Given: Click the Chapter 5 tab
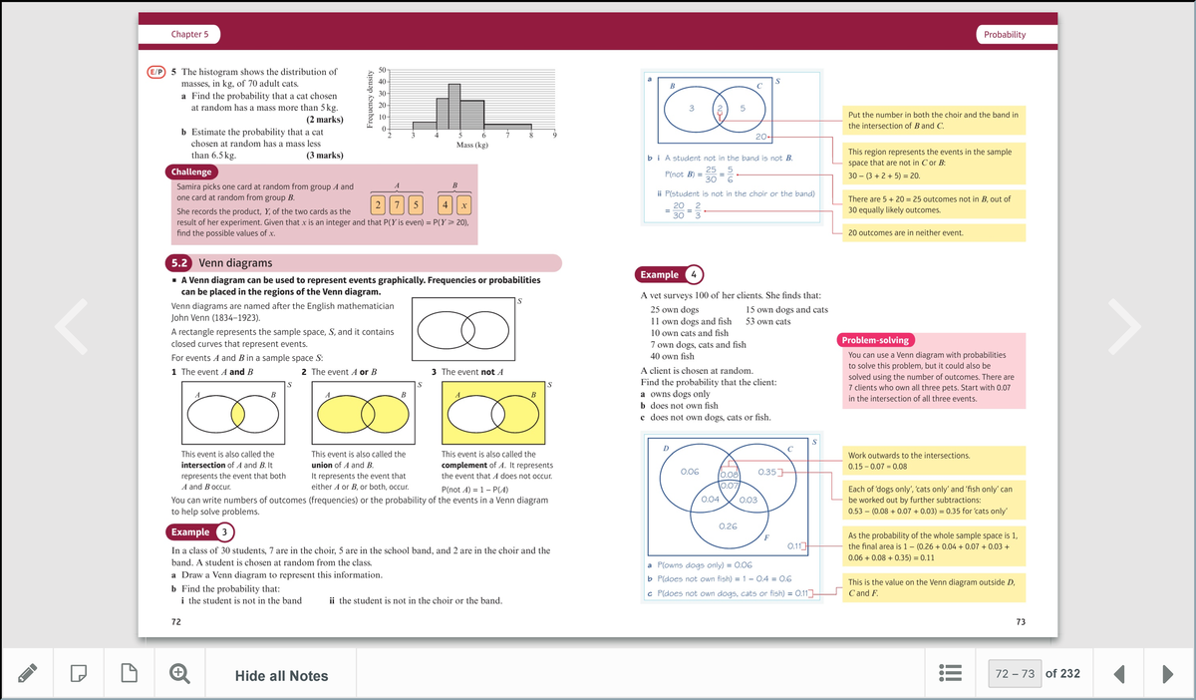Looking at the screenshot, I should tap(189, 34).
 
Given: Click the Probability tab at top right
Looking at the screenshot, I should tap(1004, 34).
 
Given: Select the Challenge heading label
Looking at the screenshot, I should tap(189, 172).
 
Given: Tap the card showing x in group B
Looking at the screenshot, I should tap(464, 206).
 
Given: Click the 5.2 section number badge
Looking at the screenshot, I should tap(179, 263).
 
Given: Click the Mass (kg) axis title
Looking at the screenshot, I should tap(471, 146).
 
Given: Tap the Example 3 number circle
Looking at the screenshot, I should tap(226, 532).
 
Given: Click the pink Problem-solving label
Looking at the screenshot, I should tap(874, 339).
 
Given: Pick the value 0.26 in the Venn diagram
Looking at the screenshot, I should tap(728, 525).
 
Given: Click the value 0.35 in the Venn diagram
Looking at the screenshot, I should tap(768, 471).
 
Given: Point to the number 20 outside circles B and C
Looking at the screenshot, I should tap(761, 136).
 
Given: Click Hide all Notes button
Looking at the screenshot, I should tap(281, 676).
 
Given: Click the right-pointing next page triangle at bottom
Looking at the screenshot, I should tap(1166, 674).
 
